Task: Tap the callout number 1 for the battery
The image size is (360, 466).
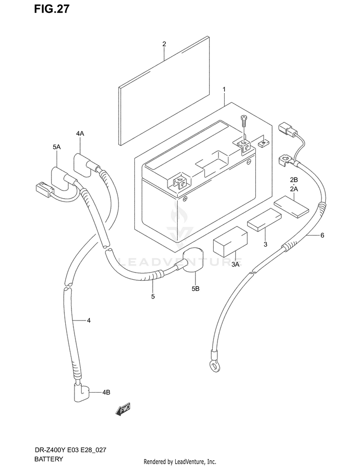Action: tap(224, 89)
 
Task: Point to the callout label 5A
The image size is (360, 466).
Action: tap(57, 147)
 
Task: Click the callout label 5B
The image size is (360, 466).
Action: tap(196, 288)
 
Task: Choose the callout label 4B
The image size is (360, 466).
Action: tap(106, 392)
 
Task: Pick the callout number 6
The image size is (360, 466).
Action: tap(322, 235)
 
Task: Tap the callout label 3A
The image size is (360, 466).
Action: tap(235, 264)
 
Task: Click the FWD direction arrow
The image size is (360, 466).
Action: tap(123, 409)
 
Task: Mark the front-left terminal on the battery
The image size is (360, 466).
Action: tap(177, 182)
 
